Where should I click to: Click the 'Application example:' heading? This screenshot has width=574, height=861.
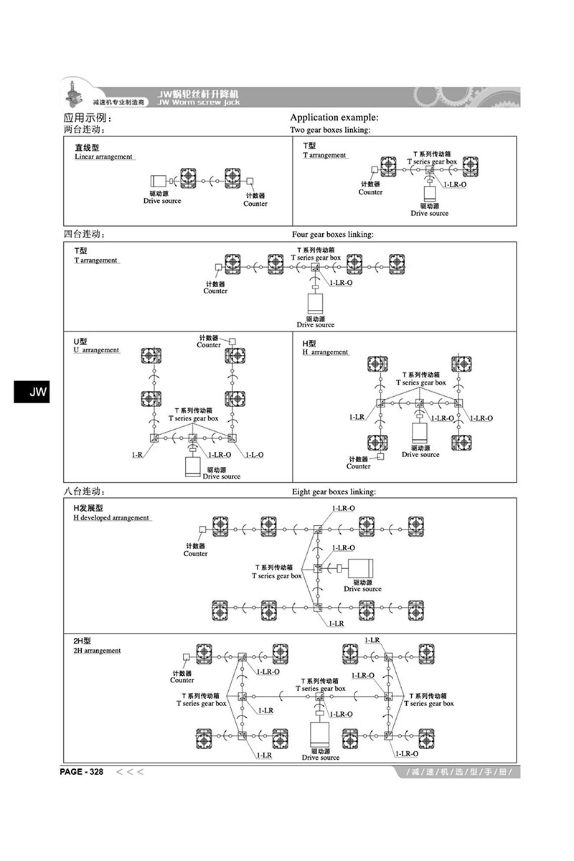click(334, 118)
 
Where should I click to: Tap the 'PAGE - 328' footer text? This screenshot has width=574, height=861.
click(83, 772)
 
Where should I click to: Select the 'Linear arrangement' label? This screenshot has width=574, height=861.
click(103, 156)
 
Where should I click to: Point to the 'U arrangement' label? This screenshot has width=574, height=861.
click(96, 350)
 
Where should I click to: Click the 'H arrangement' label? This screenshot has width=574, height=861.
click(325, 352)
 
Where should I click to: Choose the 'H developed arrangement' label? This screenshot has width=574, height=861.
click(111, 517)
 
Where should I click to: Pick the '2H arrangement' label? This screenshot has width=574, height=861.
click(97, 650)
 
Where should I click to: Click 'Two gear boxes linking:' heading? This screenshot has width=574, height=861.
click(329, 130)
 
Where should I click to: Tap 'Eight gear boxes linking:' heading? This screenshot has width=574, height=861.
click(334, 492)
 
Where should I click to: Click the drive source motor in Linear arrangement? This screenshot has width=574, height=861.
click(159, 182)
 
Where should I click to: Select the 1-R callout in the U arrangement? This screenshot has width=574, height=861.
click(136, 455)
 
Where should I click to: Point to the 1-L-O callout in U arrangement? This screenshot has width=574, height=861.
click(254, 455)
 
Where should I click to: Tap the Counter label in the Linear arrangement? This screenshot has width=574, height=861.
click(255, 204)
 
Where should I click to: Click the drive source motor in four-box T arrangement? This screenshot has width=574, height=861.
click(315, 304)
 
